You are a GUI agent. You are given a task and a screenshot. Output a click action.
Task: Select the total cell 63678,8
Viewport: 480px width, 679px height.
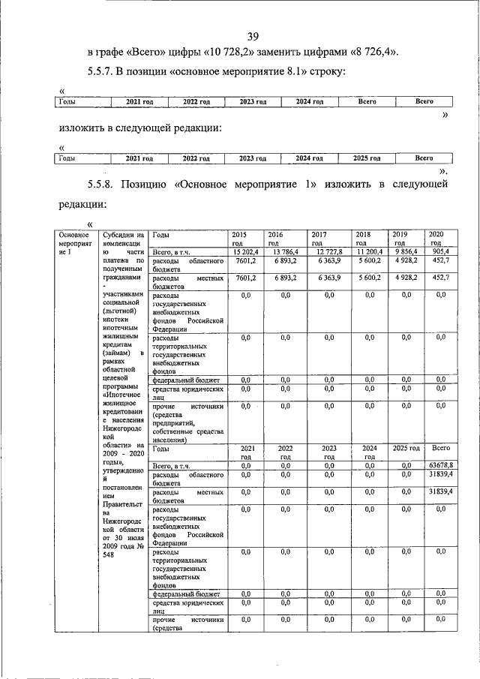[x=439, y=466]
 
